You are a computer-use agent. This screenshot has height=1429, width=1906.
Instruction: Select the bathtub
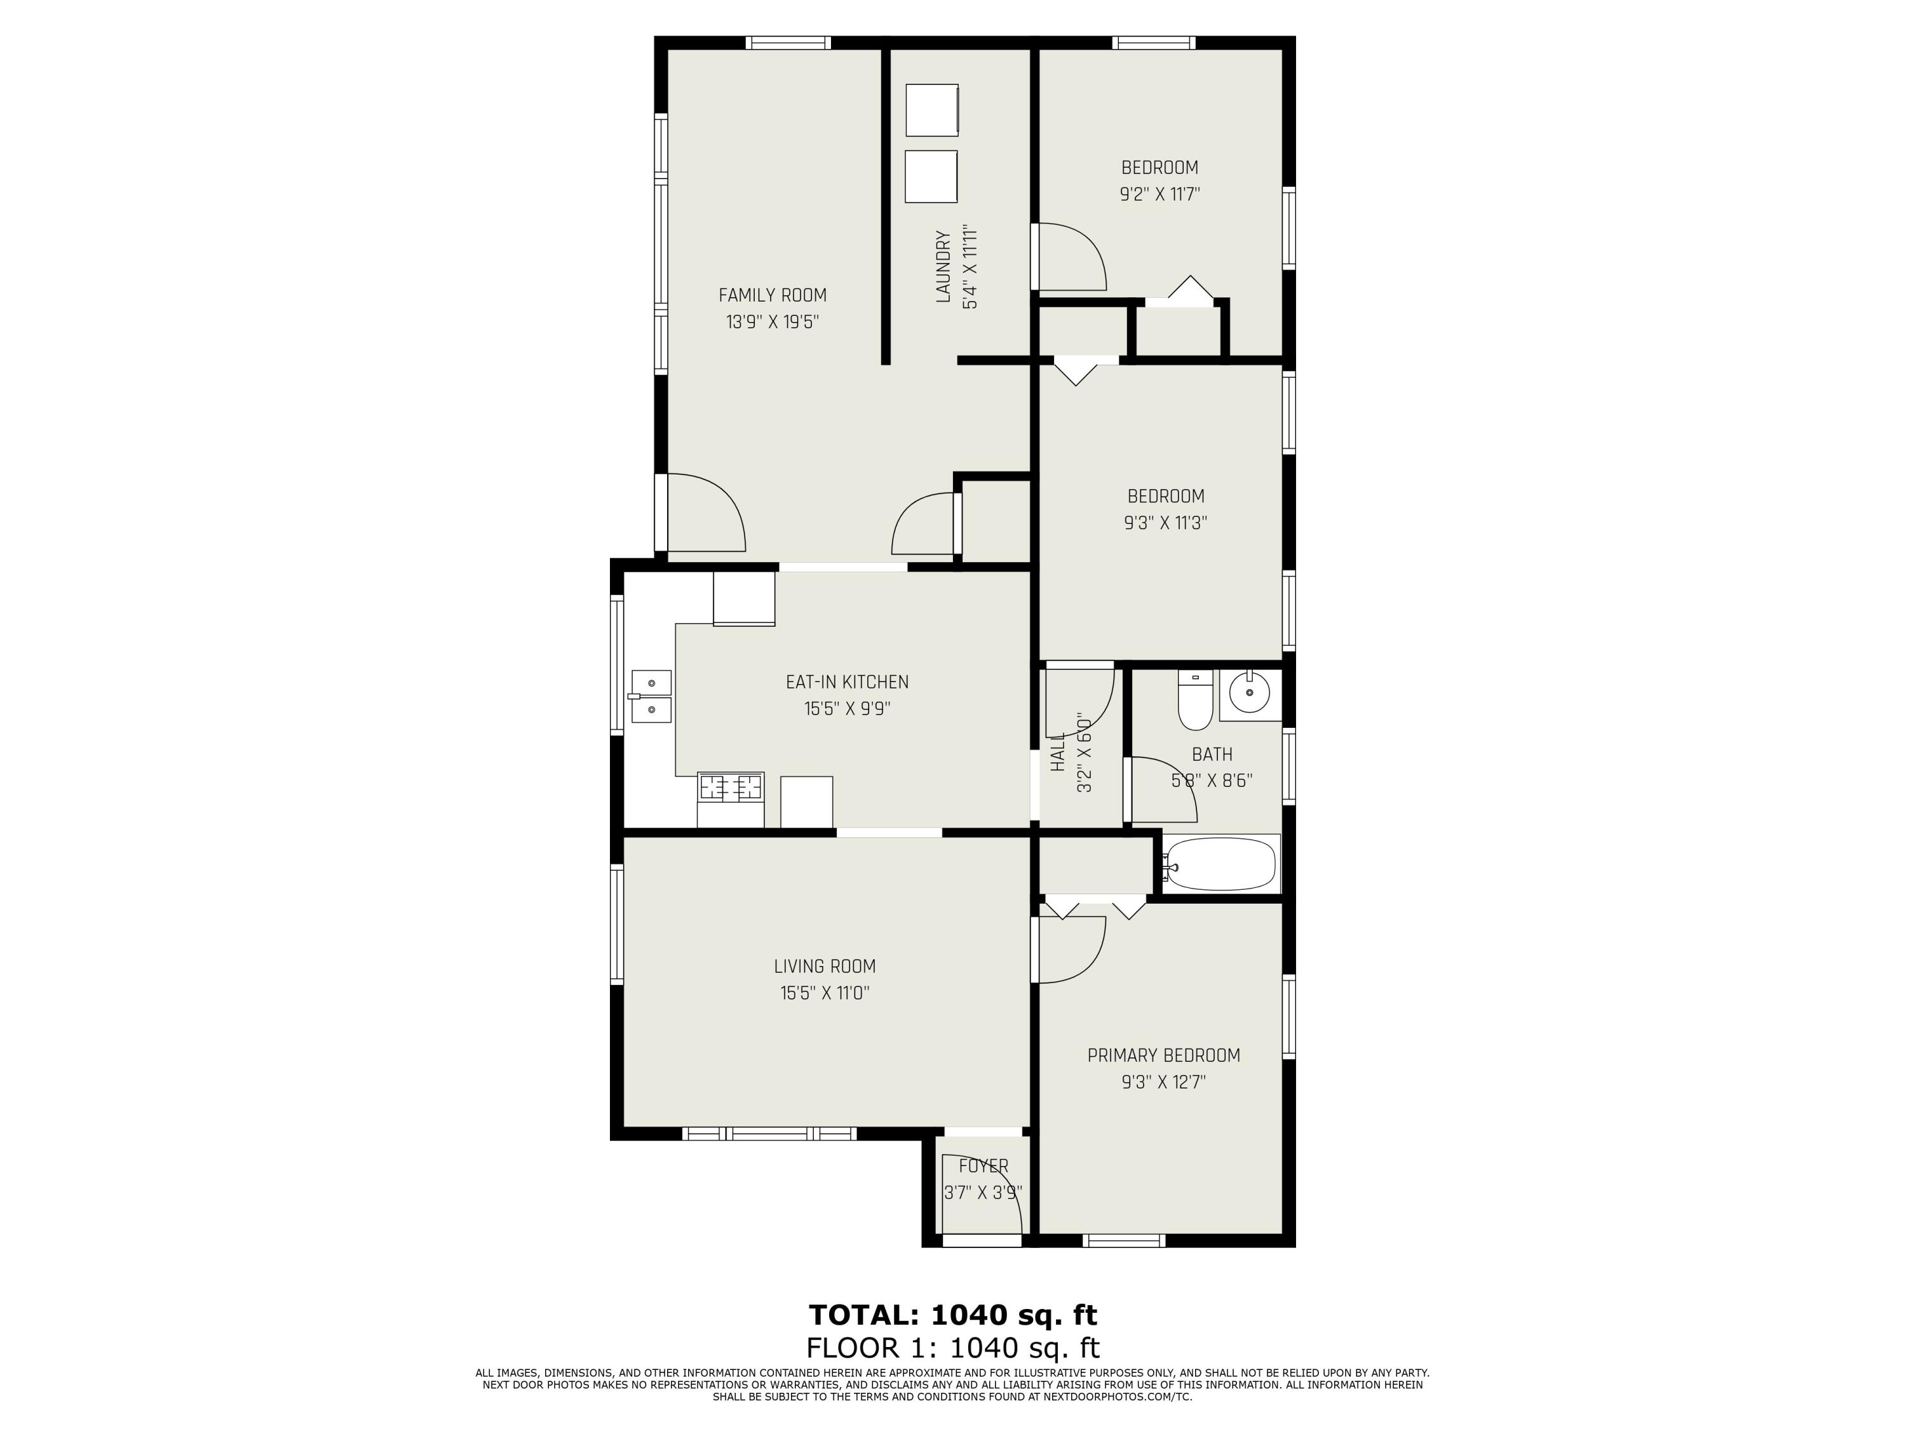tap(1219, 864)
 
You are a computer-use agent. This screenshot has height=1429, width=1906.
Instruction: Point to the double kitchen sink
tap(651, 696)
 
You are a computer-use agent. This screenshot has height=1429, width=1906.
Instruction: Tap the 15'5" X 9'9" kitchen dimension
tap(847, 709)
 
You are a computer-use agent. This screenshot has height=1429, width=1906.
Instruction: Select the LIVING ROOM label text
tap(825, 967)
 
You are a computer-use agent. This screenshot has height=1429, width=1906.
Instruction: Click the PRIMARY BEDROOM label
tap(1163, 1055)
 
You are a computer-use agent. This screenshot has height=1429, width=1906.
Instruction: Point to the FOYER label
tap(983, 1166)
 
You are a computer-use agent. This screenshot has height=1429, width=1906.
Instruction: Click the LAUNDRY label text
tap(943, 266)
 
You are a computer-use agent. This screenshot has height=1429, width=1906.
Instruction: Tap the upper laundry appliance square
tap(931, 109)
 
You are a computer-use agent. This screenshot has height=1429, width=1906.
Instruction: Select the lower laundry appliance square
tap(931, 177)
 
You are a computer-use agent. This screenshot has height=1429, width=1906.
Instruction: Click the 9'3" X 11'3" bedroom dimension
tap(1165, 523)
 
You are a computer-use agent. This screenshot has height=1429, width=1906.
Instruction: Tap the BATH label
tap(1212, 755)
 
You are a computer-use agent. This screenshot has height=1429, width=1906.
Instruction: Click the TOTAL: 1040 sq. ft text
tap(953, 1315)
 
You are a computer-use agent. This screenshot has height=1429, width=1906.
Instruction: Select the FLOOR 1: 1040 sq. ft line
tap(953, 1347)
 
